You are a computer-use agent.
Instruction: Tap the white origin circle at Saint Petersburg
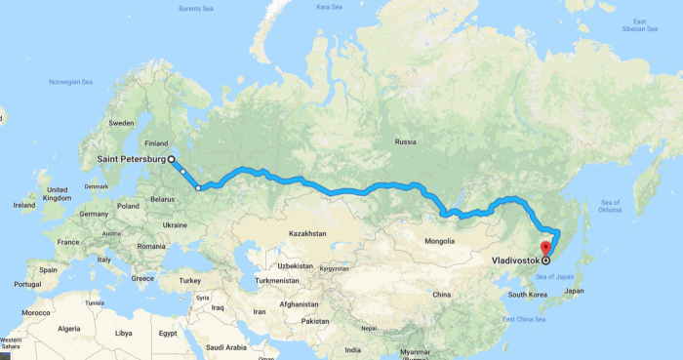tap(172, 158)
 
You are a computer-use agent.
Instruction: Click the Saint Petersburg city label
tap(132, 159)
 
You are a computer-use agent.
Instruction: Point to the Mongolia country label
tap(445, 240)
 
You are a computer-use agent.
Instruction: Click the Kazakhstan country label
tap(306, 233)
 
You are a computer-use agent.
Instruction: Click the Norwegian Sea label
tap(71, 82)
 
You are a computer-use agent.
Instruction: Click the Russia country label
tap(406, 142)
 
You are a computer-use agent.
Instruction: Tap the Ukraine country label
tap(175, 224)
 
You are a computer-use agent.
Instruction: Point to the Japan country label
tap(575, 291)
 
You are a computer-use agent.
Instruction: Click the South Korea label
tap(526, 294)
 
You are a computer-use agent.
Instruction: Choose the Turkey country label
tap(189, 280)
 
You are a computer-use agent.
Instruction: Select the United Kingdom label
tap(57, 193)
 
